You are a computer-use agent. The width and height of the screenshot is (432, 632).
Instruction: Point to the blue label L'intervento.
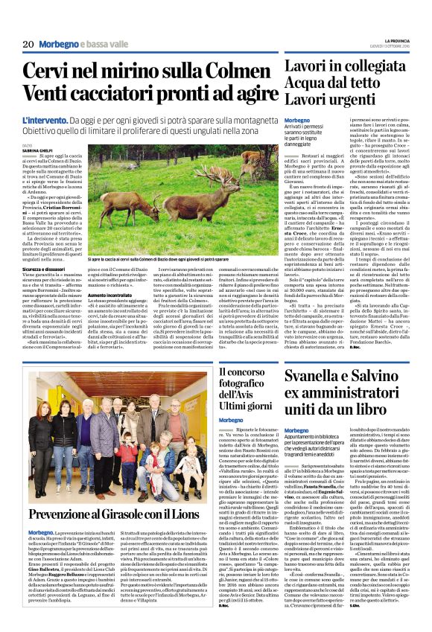(46, 119)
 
